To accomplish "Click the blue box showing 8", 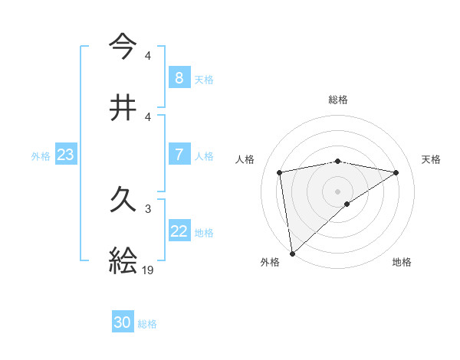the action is click(179, 78).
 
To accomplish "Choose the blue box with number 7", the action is click(179, 155).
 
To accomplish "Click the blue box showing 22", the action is click(179, 231).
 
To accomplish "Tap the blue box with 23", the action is click(66, 155).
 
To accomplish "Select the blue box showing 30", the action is click(123, 322).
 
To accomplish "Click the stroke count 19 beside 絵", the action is click(149, 270).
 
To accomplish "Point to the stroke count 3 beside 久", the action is click(148, 208).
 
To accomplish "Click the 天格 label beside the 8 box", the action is click(204, 79).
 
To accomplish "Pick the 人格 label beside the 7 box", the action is click(204, 155).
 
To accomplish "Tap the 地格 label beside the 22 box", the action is click(204, 232).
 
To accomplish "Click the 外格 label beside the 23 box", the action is click(41, 155).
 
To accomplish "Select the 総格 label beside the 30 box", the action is click(147, 323).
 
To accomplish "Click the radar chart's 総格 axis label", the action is click(337, 100).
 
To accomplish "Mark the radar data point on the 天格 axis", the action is click(396, 172).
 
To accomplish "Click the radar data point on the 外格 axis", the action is click(291, 253).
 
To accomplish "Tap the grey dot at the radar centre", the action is click(337, 191).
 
